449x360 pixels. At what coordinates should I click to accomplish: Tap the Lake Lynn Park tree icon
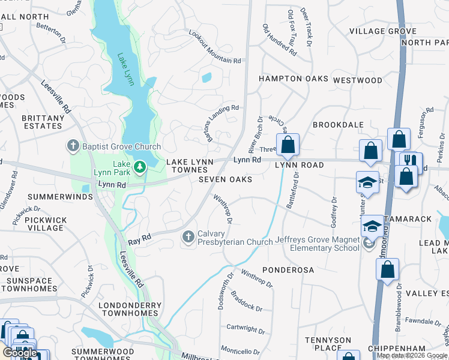pos(140,166)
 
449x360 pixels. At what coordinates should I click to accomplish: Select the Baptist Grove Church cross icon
pos(73,146)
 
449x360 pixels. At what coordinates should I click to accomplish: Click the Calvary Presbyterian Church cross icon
pos(188,238)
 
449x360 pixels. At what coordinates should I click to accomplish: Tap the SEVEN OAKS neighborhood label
pos(224,179)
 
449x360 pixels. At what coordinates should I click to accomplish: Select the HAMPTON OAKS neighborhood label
pos(294,79)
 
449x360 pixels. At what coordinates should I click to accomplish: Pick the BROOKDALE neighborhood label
pos(338,124)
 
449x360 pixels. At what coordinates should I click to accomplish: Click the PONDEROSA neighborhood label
pos(288,270)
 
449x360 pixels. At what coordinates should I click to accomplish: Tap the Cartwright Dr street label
pos(246,329)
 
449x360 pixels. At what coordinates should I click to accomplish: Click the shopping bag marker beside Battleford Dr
pos(288,145)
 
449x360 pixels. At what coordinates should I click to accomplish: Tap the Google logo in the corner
pos(20,353)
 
